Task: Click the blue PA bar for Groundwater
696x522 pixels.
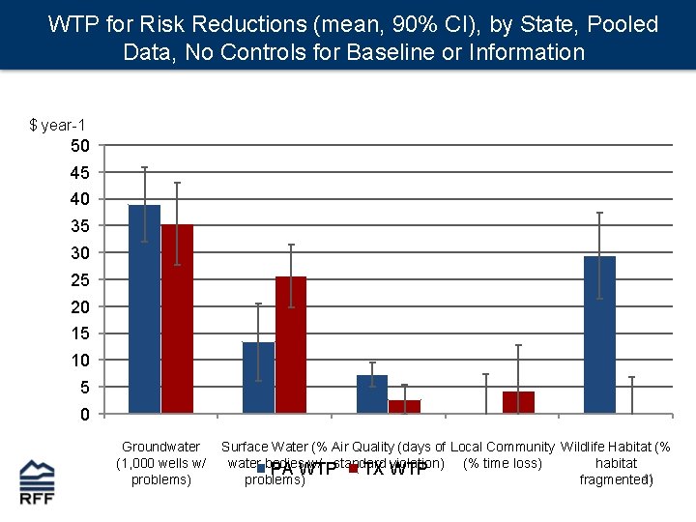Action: coord(144,309)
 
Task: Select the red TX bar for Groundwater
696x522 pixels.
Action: coord(177,319)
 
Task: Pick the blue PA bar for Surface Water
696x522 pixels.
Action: coord(258,378)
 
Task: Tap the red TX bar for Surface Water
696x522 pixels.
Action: coord(291,345)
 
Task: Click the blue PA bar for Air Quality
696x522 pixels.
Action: coord(372,394)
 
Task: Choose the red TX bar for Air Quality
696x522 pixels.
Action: coord(404,407)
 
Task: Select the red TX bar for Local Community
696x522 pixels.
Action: coord(518,402)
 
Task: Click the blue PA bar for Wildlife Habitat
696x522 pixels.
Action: coord(599,334)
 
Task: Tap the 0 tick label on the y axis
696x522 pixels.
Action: coord(85,415)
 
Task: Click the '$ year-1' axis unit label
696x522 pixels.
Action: coord(57,125)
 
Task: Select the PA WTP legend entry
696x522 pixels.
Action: coord(296,470)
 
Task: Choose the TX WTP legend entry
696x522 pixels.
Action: coord(388,470)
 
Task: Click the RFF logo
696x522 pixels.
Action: coord(37,482)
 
